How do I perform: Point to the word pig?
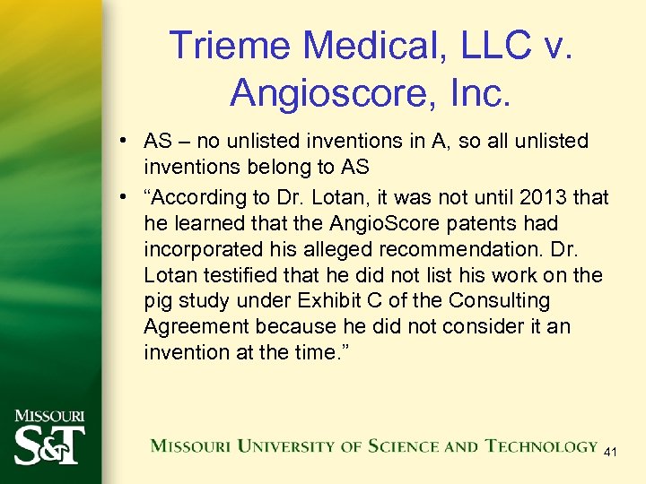[x=158, y=300]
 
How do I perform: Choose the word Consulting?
[x=504, y=300]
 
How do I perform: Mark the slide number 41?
[x=610, y=454]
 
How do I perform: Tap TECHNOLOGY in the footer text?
[x=542, y=445]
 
